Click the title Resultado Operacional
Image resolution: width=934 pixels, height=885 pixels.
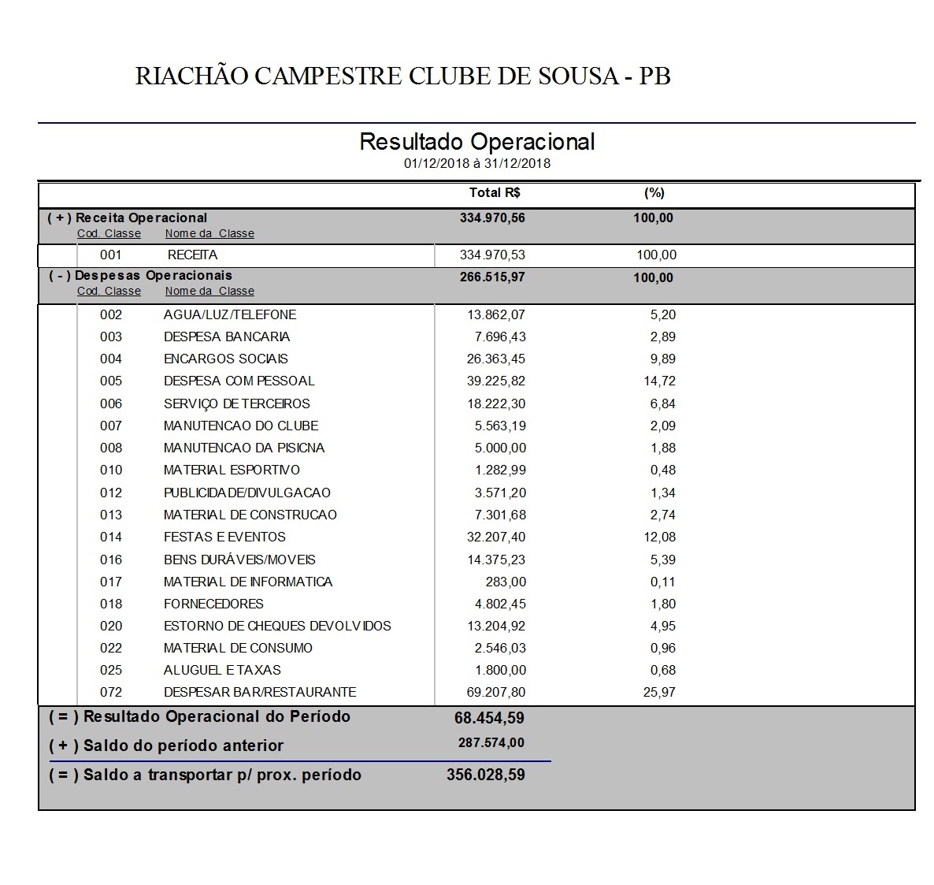476,142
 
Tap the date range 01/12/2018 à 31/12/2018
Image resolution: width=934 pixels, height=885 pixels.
476,164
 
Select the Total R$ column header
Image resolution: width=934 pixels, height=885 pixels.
495,193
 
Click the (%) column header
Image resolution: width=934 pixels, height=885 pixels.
654,193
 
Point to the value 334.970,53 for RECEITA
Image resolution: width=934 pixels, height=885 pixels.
492,255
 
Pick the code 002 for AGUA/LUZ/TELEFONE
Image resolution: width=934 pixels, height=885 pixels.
111,315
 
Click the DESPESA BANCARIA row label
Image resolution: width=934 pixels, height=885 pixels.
227,337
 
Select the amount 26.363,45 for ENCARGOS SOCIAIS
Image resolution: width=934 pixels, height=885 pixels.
495,359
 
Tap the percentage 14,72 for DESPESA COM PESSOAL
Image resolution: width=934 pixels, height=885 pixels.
659,381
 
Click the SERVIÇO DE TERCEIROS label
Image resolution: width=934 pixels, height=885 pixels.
237,404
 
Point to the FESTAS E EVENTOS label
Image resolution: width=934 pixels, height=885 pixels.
224,537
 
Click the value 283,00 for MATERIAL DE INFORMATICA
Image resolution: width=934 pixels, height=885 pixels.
506,582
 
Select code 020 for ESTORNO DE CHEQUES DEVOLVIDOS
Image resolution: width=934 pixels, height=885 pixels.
111,627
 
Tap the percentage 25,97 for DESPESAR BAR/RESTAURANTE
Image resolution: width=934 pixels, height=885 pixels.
659,693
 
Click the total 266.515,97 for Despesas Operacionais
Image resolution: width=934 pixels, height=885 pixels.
492,277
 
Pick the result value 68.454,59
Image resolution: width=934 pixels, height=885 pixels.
489,718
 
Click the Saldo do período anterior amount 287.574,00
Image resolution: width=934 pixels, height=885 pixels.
491,743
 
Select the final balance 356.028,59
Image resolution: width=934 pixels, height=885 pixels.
485,775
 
